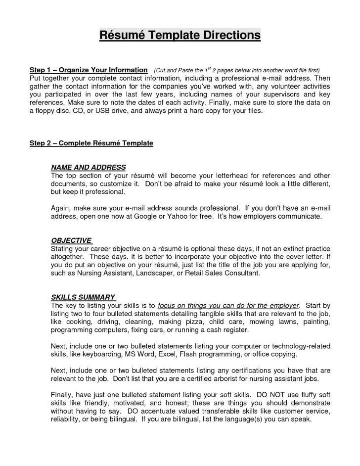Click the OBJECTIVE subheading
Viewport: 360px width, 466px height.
71,240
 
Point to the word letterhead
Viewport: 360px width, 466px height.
248,175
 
